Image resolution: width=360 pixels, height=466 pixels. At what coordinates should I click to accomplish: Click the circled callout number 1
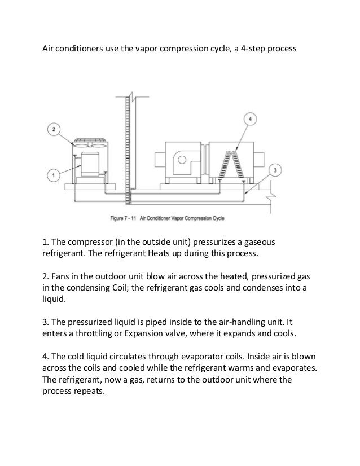pyautogui.click(x=54, y=175)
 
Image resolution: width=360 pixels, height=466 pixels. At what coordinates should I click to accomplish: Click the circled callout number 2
pyautogui.click(x=54, y=130)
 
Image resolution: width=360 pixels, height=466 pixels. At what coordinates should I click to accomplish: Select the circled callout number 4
pyautogui.click(x=251, y=119)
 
